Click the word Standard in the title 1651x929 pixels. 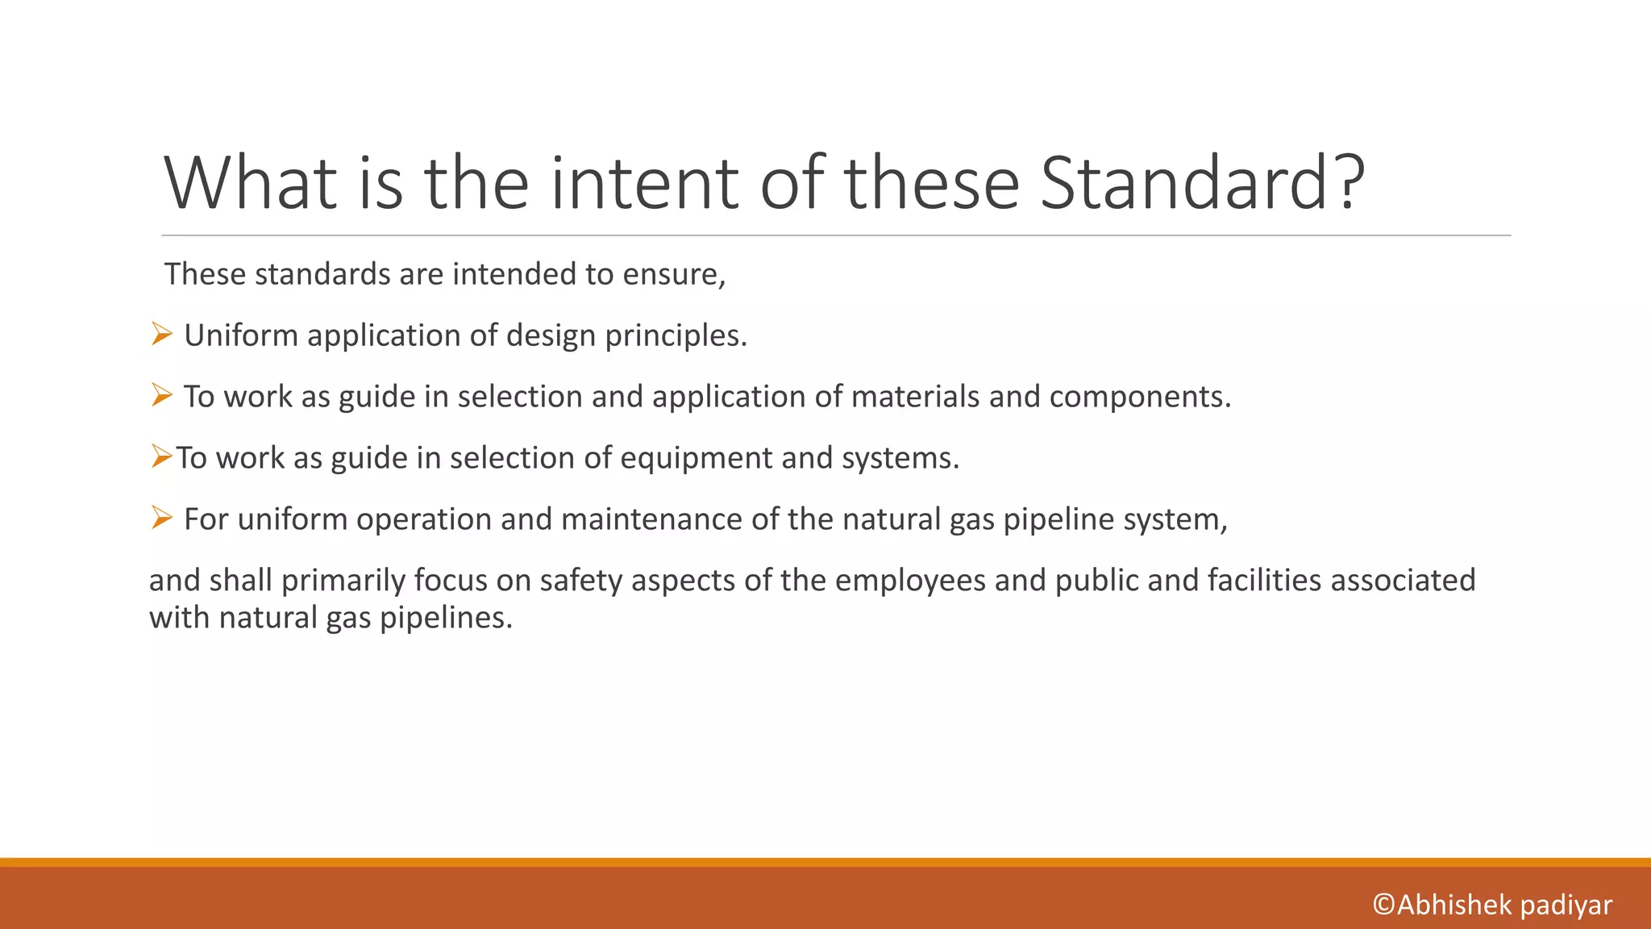(1182, 184)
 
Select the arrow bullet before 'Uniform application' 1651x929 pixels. (161, 334)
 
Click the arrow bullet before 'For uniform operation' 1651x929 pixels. (161, 518)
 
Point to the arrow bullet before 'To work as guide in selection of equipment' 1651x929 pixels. (161, 457)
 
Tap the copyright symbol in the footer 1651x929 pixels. (1384, 905)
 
